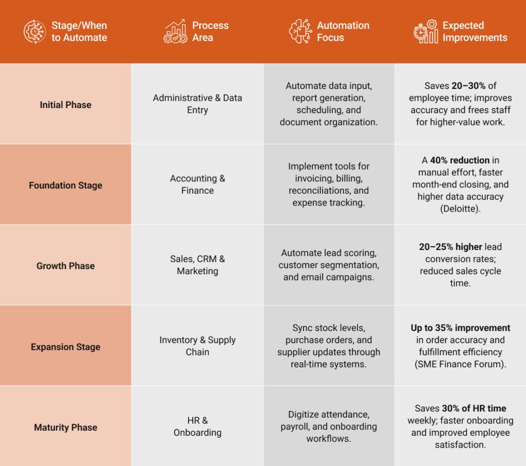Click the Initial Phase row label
pos(65,105)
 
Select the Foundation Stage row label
pos(65,185)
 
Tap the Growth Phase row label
pos(65,266)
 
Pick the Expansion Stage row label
pos(65,347)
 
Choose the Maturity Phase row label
pos(65,427)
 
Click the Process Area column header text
pos(210,31)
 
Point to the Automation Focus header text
pos(343,31)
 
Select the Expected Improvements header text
pos(475,31)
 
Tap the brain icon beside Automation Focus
pos(299,31)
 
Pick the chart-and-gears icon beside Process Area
pos(175,31)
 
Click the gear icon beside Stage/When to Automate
pos(35,31)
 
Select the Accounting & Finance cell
pos(197,184)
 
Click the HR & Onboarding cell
pos(197,426)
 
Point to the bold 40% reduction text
pos(460,160)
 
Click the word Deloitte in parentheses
pos(460,209)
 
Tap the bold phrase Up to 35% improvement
pos(460,328)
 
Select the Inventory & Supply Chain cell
pos(197,346)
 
